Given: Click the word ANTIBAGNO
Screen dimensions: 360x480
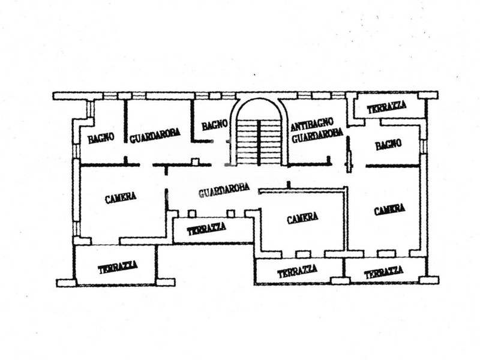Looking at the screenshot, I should (x=310, y=127).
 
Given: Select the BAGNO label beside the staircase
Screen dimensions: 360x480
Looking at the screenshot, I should (x=215, y=125).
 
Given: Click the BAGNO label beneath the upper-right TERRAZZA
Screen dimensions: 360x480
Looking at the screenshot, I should (x=388, y=145).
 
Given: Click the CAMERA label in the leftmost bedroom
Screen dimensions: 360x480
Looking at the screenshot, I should (x=121, y=196).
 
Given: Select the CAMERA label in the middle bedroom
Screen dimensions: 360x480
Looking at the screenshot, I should (x=302, y=218).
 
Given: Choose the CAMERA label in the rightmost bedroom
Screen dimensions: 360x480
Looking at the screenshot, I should (x=389, y=210).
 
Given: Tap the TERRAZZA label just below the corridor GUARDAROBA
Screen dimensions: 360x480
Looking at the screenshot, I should (x=206, y=229).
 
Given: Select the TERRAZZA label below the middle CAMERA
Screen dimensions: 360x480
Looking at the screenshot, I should (x=297, y=272).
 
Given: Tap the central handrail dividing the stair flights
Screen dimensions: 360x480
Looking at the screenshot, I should (x=259, y=142).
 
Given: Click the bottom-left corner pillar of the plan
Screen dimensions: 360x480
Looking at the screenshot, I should (x=65, y=282).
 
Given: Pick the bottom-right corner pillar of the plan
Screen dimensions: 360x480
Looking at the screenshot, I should (x=428, y=280).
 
